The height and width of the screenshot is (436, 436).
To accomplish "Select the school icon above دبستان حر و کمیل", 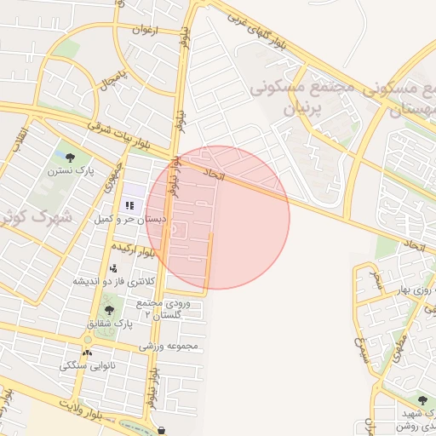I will pos(129,204).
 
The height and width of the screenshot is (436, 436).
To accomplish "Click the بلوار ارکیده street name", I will pos(139,252).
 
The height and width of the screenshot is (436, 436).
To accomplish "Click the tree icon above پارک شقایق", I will pos(108,311).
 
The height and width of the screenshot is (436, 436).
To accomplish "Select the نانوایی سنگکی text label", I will pos(87,365).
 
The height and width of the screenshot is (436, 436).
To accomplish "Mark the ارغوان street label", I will pos(145,29).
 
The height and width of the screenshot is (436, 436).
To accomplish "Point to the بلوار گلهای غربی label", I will pos(273,35).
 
